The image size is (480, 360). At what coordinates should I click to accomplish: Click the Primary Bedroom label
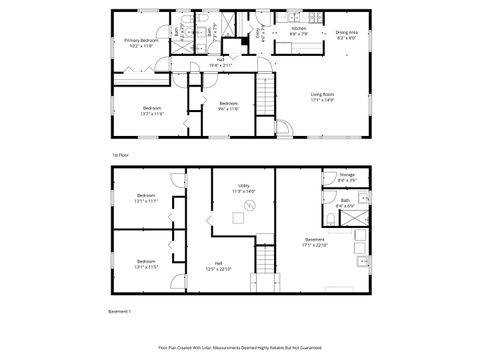(141, 42)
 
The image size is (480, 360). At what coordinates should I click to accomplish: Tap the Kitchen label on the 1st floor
(298, 31)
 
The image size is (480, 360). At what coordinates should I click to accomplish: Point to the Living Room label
(322, 98)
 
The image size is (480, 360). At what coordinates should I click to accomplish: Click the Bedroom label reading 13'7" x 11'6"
(152, 110)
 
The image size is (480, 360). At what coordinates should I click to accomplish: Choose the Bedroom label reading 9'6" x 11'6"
(229, 106)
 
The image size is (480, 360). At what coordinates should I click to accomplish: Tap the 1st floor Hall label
(220, 61)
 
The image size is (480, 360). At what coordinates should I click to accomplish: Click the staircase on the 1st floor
(265, 99)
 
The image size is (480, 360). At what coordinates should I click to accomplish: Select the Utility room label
(244, 188)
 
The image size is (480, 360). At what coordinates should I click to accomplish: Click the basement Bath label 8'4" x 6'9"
(345, 203)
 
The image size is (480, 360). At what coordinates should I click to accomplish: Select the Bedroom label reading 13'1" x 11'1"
(146, 198)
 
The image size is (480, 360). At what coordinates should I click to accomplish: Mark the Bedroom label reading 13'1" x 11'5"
(146, 265)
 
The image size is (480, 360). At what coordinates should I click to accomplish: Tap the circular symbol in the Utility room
(251, 205)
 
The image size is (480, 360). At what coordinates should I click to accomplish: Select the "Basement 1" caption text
(120, 313)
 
